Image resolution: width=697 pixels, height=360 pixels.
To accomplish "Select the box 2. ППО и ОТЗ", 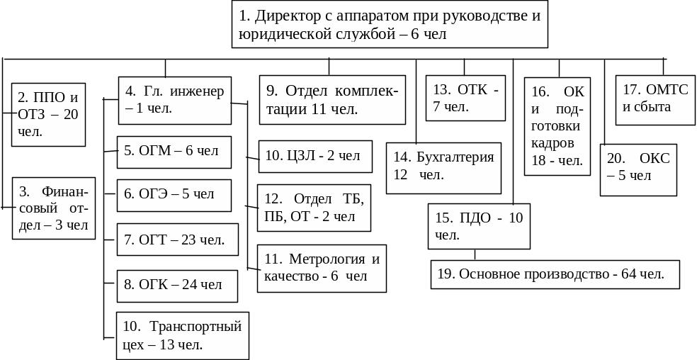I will [48, 115].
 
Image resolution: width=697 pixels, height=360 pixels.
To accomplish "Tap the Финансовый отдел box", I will [54, 208].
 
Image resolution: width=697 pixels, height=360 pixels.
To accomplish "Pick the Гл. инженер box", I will [174, 100].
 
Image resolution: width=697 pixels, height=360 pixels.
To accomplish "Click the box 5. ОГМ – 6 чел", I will [174, 152].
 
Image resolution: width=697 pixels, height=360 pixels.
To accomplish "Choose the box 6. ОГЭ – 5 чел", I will [174, 195].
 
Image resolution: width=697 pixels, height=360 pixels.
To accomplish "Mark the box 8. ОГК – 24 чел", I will [176, 285].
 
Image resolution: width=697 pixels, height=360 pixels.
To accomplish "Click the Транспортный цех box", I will [182, 335].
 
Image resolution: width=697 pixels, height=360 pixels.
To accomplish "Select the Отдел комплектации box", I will [331, 100].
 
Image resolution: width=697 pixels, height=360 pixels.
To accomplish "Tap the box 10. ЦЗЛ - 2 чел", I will [314, 157].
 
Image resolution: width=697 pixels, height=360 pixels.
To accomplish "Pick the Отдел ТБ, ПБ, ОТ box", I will [313, 208].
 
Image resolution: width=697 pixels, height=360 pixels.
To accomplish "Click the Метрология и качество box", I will [322, 268].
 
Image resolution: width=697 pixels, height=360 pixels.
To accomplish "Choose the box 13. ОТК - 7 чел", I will [465, 99].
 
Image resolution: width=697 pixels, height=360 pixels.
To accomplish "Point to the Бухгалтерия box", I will [443, 168].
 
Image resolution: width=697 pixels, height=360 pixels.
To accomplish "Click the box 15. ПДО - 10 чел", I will [479, 226].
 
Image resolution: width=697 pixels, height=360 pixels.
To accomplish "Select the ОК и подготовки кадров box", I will [557, 126].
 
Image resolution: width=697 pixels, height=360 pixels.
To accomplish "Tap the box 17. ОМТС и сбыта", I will [655, 100].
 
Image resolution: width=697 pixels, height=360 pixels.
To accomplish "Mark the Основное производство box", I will [555, 274].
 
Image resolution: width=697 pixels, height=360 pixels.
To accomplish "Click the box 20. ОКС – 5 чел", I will [638, 169].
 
